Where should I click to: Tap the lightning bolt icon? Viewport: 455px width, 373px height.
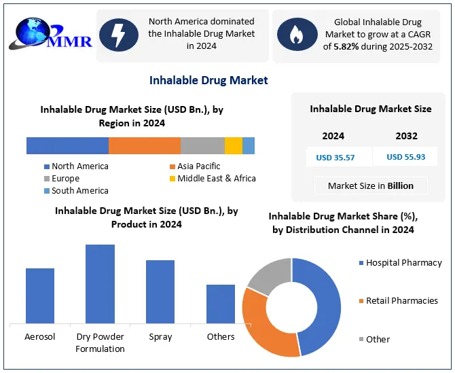coord(119,35)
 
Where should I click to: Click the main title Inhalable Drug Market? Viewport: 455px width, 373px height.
coord(208,80)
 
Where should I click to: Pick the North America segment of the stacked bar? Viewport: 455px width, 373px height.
coord(67,145)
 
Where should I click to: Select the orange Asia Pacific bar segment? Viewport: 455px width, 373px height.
coord(144,145)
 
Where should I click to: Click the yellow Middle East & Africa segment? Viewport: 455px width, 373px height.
coord(233,145)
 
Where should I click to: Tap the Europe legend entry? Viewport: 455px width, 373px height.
coord(65,179)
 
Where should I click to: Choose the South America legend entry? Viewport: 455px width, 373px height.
coord(79,191)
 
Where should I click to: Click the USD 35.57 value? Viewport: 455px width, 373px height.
coord(335,157)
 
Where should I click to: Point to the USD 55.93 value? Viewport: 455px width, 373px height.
coord(406,157)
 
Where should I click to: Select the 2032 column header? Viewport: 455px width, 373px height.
coord(406,136)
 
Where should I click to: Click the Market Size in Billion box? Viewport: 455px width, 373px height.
coord(371,185)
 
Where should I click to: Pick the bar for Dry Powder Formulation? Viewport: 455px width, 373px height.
coord(100,284)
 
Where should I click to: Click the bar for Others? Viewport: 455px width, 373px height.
coord(221,304)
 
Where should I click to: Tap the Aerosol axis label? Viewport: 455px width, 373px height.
coord(39,336)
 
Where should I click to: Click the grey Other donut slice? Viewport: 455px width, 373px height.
coord(268,275)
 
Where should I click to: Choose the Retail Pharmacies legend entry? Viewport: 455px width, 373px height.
coord(401,300)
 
